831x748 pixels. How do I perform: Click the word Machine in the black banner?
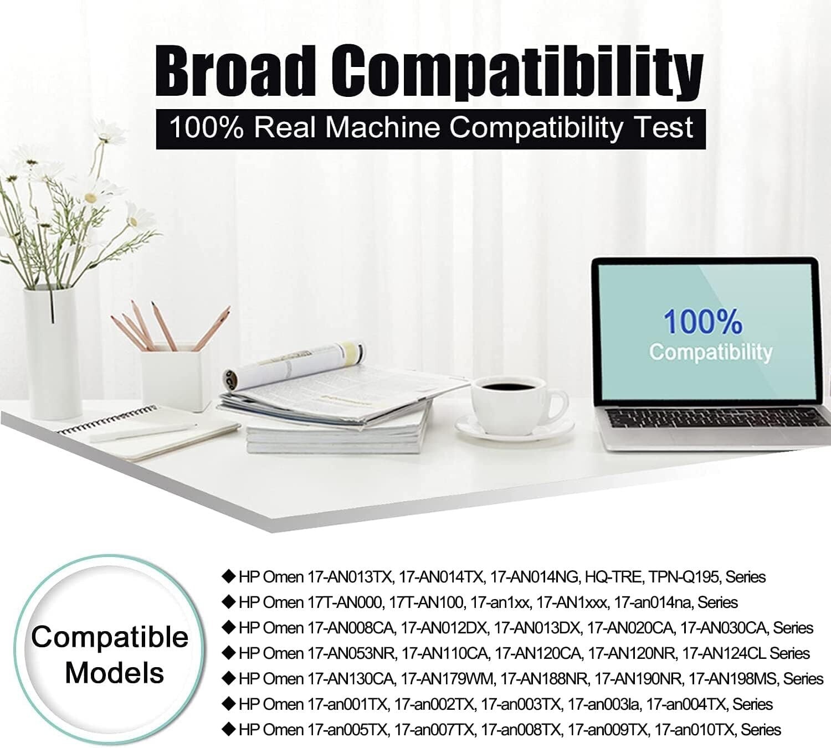click(382, 127)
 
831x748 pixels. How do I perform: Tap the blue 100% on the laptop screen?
click(703, 322)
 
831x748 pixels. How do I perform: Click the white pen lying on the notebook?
click(143, 432)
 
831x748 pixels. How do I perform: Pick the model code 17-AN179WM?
click(448, 679)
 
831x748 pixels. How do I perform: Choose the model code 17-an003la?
click(604, 704)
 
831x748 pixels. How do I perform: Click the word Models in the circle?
click(115, 673)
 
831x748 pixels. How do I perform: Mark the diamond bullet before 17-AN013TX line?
click(228, 576)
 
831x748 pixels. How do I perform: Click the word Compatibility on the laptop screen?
click(710, 353)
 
